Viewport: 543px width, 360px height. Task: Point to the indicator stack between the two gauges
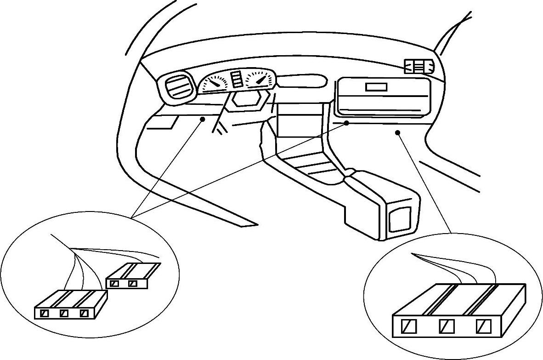237,80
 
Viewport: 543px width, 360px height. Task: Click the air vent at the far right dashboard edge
419,67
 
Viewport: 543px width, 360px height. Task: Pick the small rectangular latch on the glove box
376,86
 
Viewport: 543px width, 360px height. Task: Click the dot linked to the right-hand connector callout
397,132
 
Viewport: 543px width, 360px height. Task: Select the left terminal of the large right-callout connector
409,326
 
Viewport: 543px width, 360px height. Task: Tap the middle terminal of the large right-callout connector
447,326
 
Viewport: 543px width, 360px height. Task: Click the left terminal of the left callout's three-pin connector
45,314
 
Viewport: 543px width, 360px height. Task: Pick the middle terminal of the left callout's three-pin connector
64,314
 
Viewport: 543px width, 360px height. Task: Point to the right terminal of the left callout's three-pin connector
84,314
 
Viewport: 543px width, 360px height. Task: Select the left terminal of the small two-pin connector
115,283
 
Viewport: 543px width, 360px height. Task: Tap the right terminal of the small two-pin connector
133,283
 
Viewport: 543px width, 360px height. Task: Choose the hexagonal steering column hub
249,99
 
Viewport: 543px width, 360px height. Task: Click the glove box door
383,97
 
